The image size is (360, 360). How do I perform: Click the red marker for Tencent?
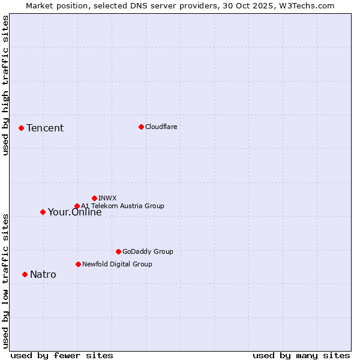coord(21,128)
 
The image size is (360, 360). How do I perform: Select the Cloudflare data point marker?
coord(141,127)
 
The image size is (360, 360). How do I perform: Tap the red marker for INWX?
coord(94,198)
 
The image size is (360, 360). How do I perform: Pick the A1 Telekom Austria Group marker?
coord(77,206)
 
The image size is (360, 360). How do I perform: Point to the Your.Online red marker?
coord(43,212)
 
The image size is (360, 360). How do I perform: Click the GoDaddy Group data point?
coord(118,251)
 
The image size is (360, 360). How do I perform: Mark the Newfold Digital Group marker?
coord(78,264)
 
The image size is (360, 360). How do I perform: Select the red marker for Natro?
coord(25,274)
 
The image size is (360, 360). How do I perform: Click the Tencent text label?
coord(45,128)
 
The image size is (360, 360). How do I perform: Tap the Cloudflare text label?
coord(161,127)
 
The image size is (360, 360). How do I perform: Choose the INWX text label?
coord(107,198)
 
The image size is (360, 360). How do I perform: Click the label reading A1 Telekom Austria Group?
coord(122,206)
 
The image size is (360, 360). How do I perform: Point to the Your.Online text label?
coord(75,212)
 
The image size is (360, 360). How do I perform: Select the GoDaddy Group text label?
coord(148,251)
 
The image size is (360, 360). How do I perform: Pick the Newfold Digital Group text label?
coord(117,264)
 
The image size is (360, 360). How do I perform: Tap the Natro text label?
coord(43,275)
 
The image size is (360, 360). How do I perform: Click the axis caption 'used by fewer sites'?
coord(62,355)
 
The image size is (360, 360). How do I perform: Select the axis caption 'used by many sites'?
coord(301,355)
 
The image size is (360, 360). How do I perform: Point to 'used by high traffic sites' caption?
coord(5,85)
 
